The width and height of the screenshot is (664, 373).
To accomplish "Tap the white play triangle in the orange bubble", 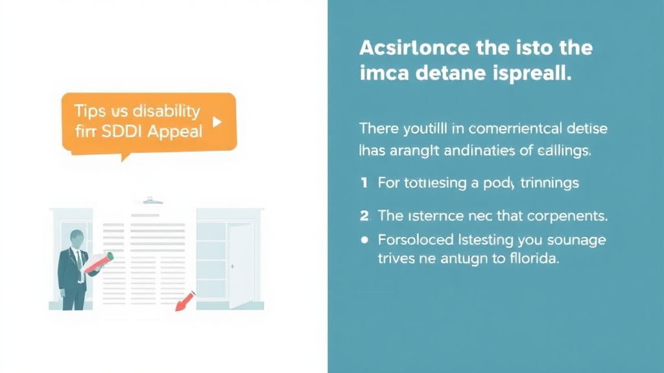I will tap(217, 121).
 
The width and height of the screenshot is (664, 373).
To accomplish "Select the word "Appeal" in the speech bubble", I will tap(175, 131).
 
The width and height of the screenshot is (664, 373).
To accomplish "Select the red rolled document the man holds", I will tap(99, 261).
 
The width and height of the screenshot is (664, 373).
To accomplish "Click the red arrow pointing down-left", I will tap(185, 300).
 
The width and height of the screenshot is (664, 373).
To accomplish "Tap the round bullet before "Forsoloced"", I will tap(364, 240).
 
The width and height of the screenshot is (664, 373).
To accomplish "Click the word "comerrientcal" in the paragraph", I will tap(492, 128).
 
